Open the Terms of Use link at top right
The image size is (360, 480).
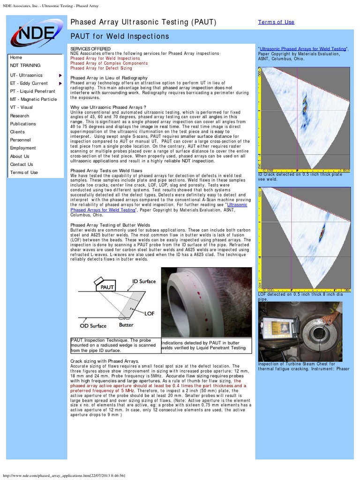(x=276, y=22)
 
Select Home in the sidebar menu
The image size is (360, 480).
(x=16, y=57)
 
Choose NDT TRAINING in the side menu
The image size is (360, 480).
(x=25, y=66)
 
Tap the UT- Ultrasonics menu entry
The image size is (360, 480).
(x=26, y=75)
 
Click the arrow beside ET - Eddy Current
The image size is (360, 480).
(x=60, y=83)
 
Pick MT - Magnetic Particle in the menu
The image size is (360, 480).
(x=33, y=99)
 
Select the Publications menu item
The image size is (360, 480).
(x=23, y=124)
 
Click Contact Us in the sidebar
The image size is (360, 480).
(x=22, y=165)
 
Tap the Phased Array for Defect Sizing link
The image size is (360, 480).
(x=101, y=68)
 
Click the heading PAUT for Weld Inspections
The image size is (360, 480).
(x=120, y=37)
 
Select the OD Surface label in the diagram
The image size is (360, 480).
(x=93, y=326)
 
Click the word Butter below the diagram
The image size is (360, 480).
(x=126, y=325)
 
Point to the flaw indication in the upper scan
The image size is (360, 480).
(x=305, y=104)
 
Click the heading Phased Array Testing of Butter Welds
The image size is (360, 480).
(x=110, y=225)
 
